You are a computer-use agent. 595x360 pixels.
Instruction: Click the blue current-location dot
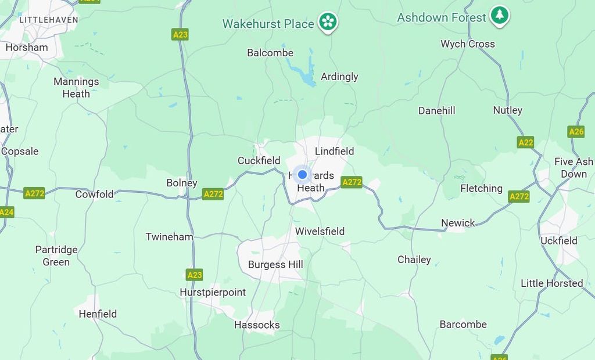click(x=302, y=174)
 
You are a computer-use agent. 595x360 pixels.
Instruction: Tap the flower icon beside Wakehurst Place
click(x=328, y=22)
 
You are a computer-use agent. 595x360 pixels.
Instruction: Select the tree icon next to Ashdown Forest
click(x=499, y=15)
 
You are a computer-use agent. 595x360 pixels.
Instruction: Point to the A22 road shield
click(x=525, y=142)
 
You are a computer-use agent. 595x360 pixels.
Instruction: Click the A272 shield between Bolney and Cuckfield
click(x=213, y=194)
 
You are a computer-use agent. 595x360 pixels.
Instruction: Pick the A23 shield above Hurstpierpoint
click(x=195, y=275)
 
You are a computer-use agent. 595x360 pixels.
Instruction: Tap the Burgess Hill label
click(x=275, y=265)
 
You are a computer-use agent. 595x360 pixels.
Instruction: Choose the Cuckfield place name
click(x=259, y=161)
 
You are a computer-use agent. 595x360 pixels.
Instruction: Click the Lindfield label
click(x=334, y=152)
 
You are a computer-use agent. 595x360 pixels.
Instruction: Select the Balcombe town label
click(x=270, y=53)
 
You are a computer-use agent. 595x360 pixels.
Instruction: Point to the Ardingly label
click(x=339, y=77)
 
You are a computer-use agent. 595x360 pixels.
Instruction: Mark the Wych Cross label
click(x=468, y=44)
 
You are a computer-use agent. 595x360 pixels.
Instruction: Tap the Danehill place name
click(x=436, y=111)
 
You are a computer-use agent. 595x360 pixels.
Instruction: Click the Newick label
click(x=458, y=223)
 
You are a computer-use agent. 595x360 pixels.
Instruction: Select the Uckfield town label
click(x=559, y=240)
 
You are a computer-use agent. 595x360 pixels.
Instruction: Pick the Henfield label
click(x=98, y=314)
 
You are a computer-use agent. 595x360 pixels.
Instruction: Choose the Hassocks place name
click(x=257, y=325)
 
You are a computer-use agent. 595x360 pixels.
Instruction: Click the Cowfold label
click(x=94, y=195)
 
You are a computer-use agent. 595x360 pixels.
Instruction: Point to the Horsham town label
click(x=27, y=48)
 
